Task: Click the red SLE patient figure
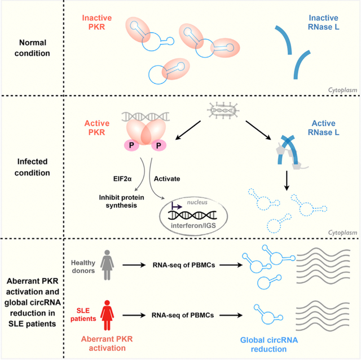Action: (x=107, y=315)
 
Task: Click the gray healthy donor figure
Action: (x=107, y=265)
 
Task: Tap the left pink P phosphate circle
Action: (x=131, y=145)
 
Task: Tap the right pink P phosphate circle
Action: (x=159, y=145)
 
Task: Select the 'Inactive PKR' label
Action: (x=97, y=23)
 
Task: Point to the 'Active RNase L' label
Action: (x=323, y=128)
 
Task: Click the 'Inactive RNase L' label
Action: (x=323, y=23)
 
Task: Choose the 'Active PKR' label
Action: (x=97, y=128)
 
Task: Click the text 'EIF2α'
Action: (x=122, y=179)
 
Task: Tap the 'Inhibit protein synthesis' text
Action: (x=122, y=201)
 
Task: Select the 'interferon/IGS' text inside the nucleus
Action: (x=193, y=225)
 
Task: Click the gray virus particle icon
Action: (x=223, y=110)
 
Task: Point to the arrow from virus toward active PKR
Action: (x=188, y=130)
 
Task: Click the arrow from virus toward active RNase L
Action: (x=258, y=130)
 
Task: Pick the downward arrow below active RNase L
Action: (x=287, y=181)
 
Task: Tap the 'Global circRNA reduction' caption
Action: (x=269, y=345)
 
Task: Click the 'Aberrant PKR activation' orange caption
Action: (x=107, y=344)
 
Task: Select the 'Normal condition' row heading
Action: (x=32, y=48)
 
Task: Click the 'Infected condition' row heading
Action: (x=32, y=167)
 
